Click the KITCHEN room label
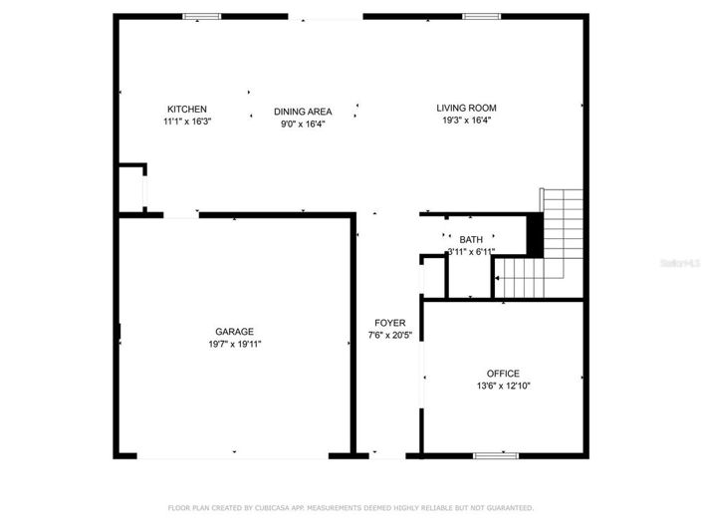[x=187, y=109]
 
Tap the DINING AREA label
[x=303, y=112]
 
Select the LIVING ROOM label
[x=466, y=108]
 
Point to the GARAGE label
[x=235, y=332]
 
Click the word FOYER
[x=389, y=322]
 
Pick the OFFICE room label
[x=503, y=374]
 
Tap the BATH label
[x=471, y=240]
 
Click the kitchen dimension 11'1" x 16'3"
[x=187, y=122]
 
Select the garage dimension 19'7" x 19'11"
[x=235, y=344]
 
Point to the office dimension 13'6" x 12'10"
[x=503, y=386]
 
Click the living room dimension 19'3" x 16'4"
[x=466, y=121]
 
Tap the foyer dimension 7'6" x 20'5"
[x=389, y=335]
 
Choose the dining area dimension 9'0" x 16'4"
[x=303, y=125]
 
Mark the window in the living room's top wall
[x=481, y=16]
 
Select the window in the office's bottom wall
[x=495, y=455]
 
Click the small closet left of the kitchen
[x=131, y=186]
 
